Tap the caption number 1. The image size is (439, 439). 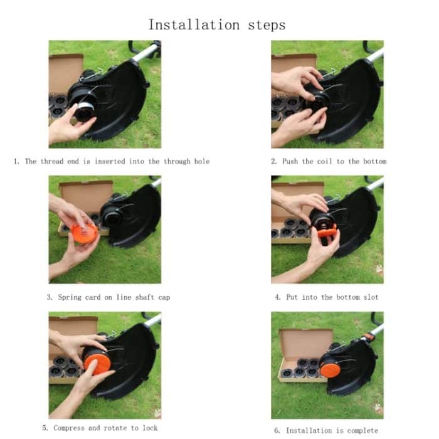[x=16, y=161]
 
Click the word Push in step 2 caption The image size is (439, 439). [x=290, y=161]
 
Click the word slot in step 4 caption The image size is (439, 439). [x=370, y=297]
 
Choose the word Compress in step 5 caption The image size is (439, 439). [x=68, y=428]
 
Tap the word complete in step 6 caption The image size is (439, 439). [x=362, y=430]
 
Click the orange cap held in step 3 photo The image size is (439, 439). [x=84, y=235]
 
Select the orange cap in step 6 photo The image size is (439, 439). [x=331, y=369]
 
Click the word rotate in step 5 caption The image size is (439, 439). [x=117, y=428]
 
